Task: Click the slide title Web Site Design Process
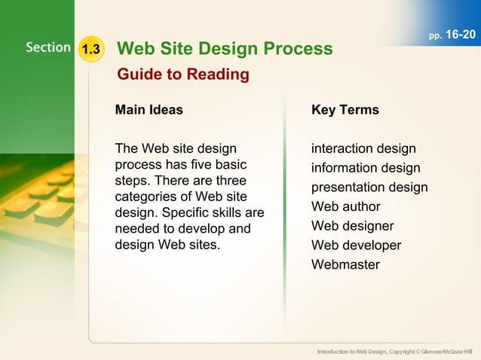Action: [225, 49]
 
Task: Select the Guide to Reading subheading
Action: [182, 75]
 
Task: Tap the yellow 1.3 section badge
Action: [91, 50]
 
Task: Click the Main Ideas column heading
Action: [149, 110]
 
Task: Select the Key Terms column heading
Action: [345, 110]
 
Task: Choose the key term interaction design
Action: [363, 148]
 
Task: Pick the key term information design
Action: [366, 168]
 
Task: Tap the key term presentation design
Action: [369, 188]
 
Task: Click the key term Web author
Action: [345, 206]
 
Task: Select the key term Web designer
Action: [352, 226]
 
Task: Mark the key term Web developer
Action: [356, 246]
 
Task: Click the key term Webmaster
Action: [345, 264]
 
